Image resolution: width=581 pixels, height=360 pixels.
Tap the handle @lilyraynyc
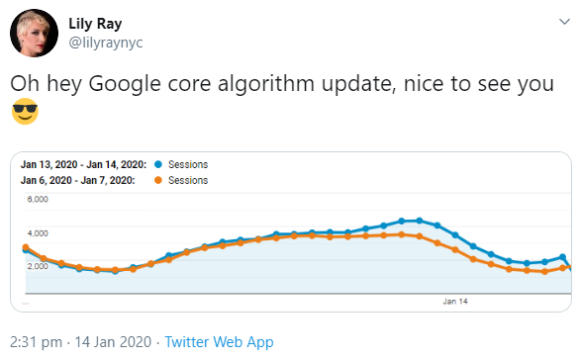[x=105, y=43]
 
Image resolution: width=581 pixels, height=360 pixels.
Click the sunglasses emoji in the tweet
[x=26, y=113]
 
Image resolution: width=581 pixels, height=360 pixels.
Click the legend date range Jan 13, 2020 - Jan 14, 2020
[x=84, y=164]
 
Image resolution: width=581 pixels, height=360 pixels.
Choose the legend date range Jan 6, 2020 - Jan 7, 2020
[x=78, y=180]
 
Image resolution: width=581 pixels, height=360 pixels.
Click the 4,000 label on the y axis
[x=36, y=232]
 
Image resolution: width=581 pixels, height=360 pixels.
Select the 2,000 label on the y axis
[x=36, y=266]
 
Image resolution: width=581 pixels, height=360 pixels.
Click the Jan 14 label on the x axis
[x=455, y=300]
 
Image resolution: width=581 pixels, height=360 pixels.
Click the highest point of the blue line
[x=420, y=220]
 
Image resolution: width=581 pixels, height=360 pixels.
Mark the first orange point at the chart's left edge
[x=26, y=247]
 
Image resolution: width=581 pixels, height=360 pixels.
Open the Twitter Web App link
[x=219, y=341]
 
